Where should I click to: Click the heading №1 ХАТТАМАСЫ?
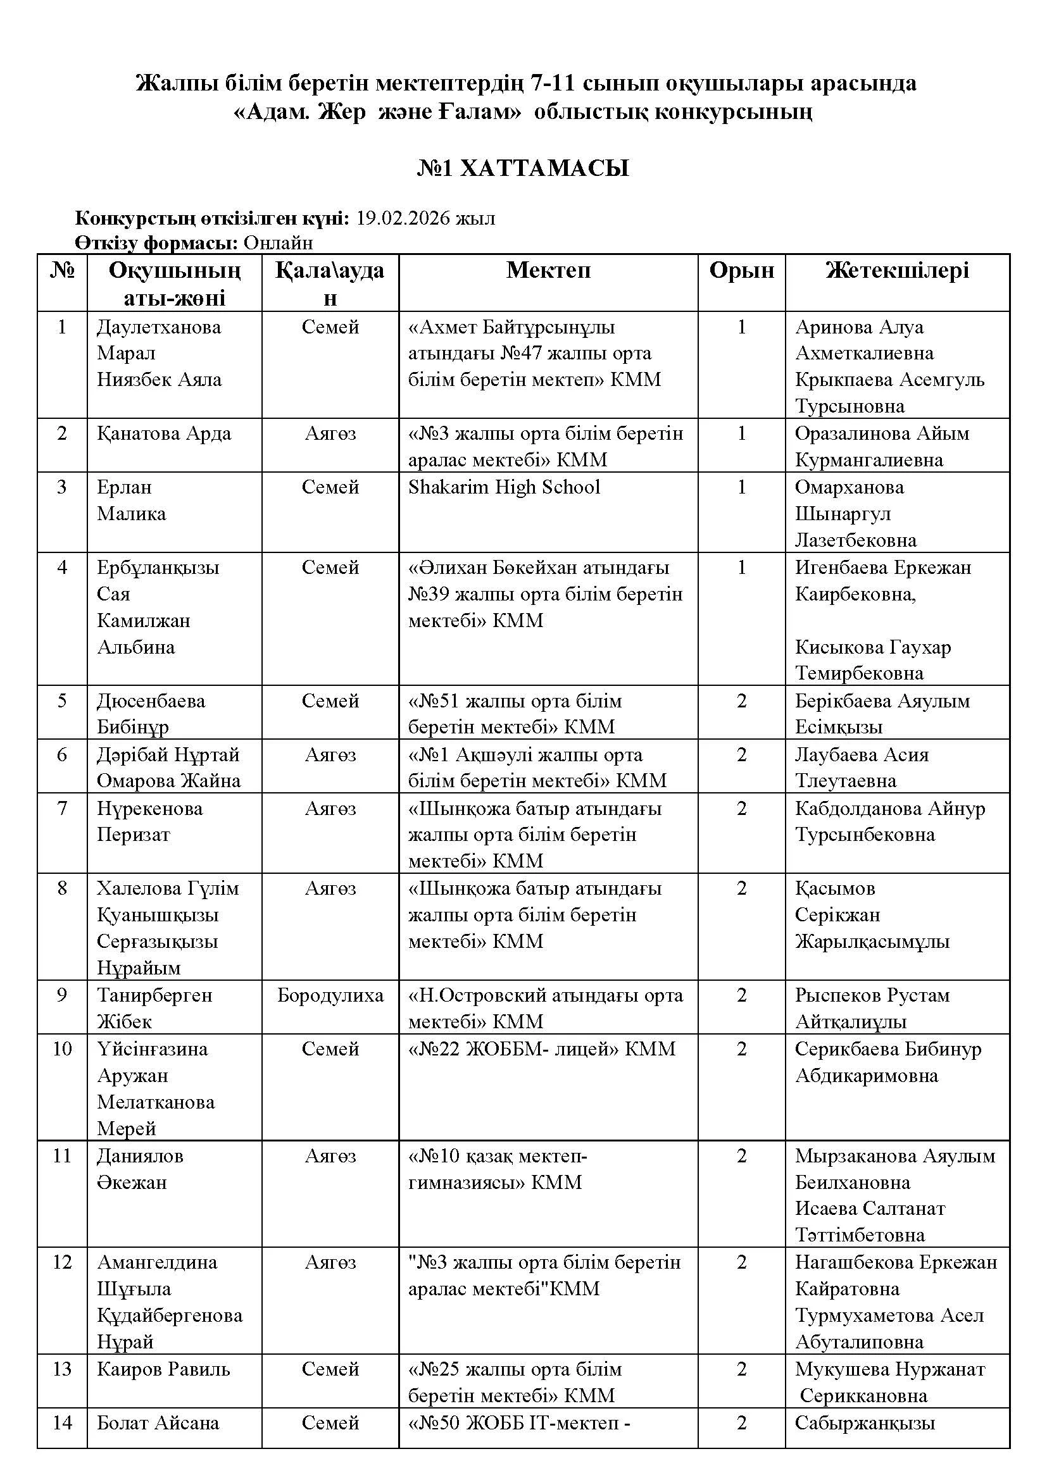[523, 168]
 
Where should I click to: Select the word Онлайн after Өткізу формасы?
[279, 242]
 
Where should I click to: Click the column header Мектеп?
[548, 270]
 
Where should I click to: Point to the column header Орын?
[741, 270]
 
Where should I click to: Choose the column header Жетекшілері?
[897, 270]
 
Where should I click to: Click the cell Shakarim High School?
[504, 487]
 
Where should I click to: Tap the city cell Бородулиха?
[330, 995]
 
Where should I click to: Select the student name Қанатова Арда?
[164, 433]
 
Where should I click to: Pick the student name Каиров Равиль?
[163, 1369]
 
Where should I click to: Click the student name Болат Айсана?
[158, 1422]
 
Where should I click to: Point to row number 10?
[62, 1048]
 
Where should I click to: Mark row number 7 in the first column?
[62, 807]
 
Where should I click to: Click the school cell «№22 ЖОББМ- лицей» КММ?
[542, 1048]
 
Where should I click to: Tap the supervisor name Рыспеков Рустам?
[872, 995]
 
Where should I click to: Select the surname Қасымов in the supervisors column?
[835, 888]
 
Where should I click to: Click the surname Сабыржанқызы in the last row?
[865, 1422]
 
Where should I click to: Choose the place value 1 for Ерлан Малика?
[741, 487]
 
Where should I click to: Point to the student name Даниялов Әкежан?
[140, 1169]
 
